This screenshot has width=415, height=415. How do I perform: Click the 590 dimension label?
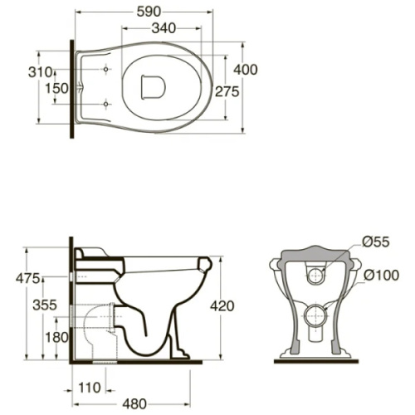149,12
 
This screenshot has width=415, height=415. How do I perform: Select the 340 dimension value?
164,28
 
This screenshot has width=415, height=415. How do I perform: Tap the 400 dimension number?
246,70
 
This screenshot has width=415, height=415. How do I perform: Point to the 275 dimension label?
227,91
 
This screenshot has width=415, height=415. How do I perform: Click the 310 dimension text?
41,72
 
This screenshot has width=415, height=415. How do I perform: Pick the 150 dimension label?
56,89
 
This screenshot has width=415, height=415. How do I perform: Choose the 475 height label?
28,278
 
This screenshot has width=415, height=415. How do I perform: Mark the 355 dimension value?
45,305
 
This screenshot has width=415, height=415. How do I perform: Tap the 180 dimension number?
56,337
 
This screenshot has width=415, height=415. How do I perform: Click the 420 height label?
222,306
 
